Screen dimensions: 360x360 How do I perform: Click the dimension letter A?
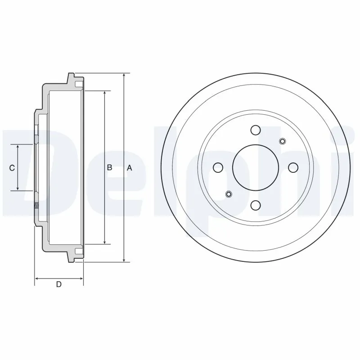click(129, 168)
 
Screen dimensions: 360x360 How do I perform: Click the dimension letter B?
click(109, 168)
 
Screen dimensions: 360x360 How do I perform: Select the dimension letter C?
click(13, 168)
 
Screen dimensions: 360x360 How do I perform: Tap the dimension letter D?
click(58, 284)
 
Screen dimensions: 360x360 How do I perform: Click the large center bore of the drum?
click(256, 167)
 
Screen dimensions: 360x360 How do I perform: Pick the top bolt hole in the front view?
click(256, 130)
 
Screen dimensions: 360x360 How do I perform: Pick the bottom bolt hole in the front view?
click(256, 205)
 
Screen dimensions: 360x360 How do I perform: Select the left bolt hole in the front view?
click(218, 168)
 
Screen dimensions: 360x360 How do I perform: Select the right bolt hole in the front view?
click(293, 168)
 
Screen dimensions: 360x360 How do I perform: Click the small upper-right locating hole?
click(283, 142)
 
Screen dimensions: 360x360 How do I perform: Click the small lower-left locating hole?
click(229, 194)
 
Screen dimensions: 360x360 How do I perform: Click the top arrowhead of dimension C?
click(18, 148)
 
